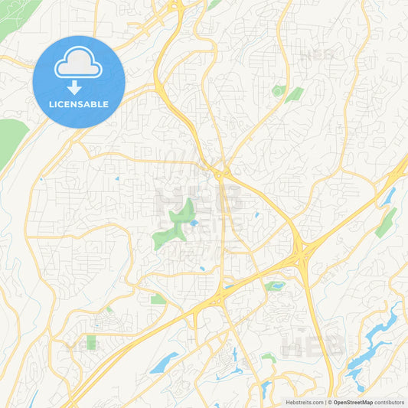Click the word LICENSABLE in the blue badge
[x=80, y=104]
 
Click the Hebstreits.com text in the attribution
[x=304, y=402]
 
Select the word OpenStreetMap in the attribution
[x=352, y=402]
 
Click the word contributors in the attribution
[x=390, y=402]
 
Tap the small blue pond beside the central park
[x=194, y=223]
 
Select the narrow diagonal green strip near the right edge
[x=387, y=223]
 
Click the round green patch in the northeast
[x=277, y=91]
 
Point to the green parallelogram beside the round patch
[x=294, y=94]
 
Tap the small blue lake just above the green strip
[x=390, y=196]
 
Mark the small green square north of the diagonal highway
[x=158, y=299]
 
